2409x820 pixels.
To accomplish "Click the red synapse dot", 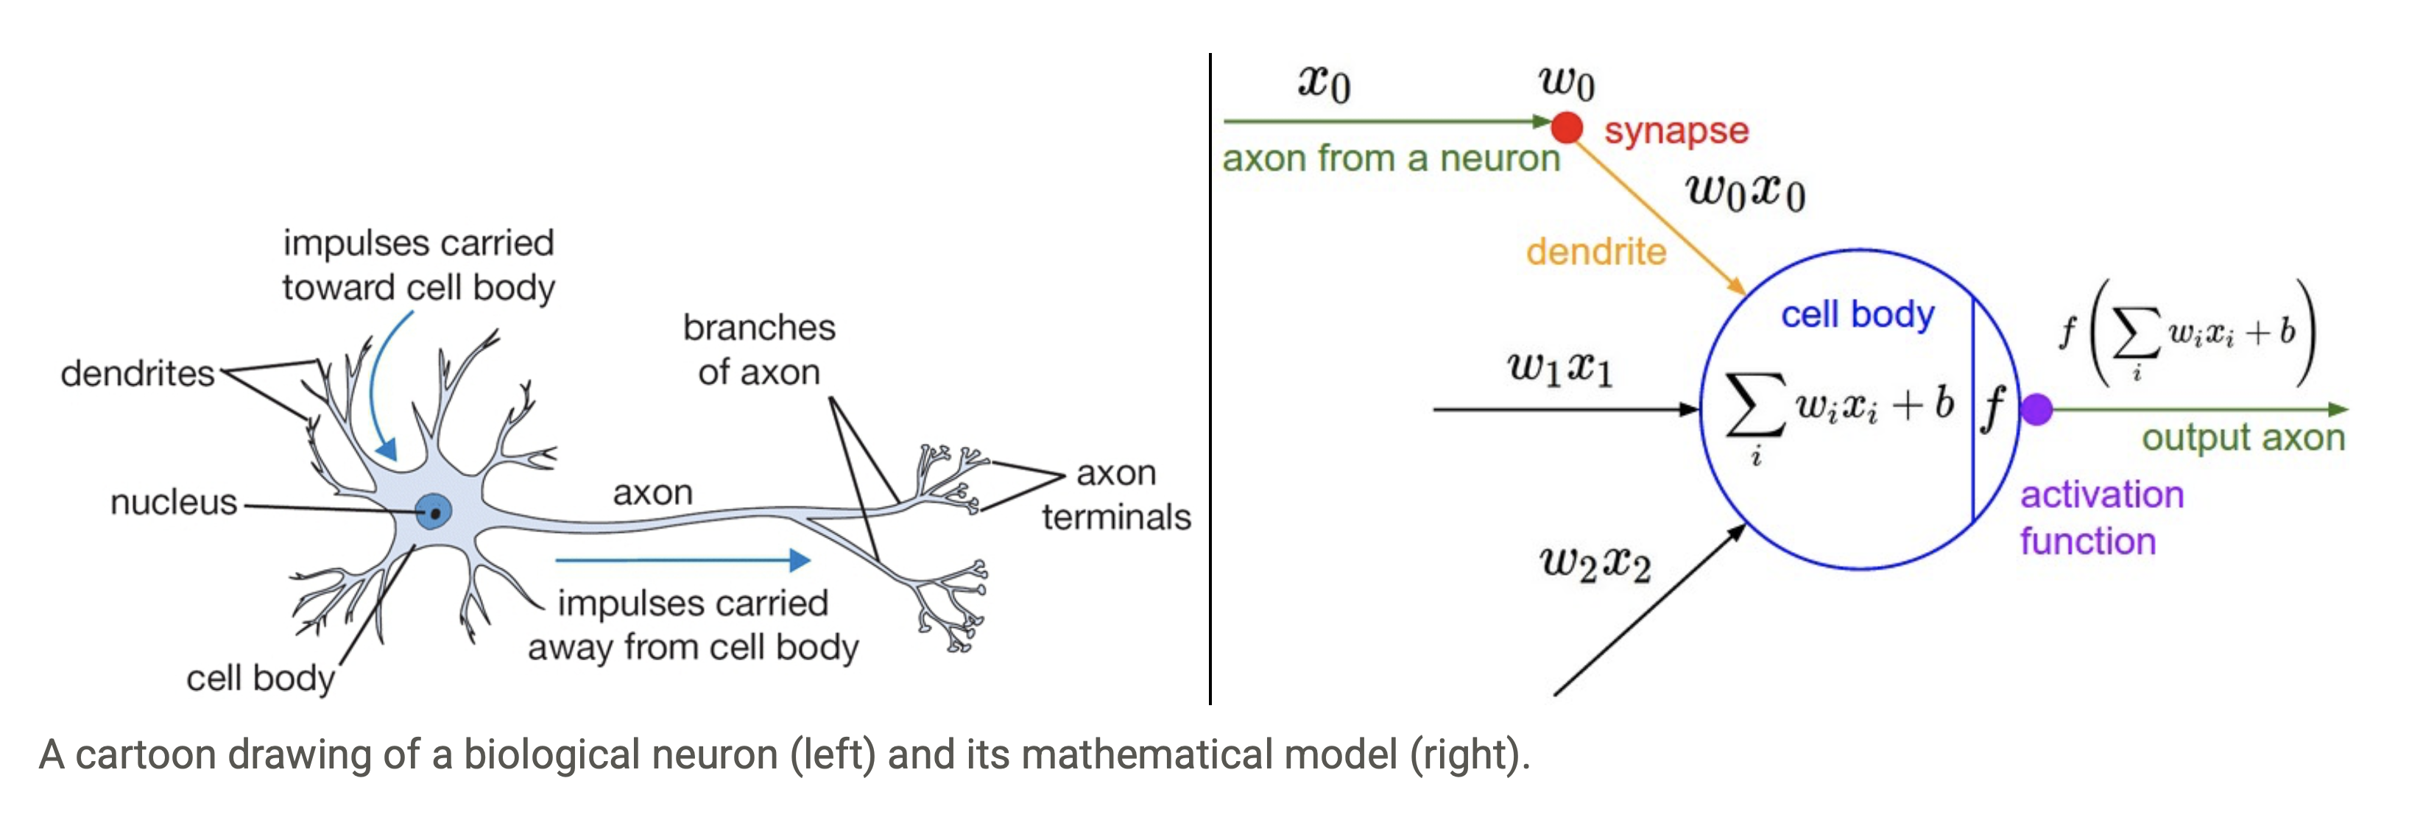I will tap(1567, 127).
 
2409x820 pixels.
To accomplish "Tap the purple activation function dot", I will tap(2036, 409).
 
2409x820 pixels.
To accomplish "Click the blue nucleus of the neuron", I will tap(433, 512).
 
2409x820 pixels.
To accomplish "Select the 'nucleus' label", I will tap(174, 502).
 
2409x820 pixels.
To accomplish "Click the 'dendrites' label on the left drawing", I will tap(138, 373).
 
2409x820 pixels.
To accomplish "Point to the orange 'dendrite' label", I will tap(1595, 252).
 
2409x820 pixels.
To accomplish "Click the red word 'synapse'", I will tap(1676, 131).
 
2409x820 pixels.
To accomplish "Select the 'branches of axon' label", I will tap(758, 350).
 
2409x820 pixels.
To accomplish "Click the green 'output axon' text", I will tap(2243, 437).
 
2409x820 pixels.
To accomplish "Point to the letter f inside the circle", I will tap(1993, 408).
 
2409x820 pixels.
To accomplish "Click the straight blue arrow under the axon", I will tap(683, 560).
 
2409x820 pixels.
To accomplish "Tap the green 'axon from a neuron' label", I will tap(1391, 159).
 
